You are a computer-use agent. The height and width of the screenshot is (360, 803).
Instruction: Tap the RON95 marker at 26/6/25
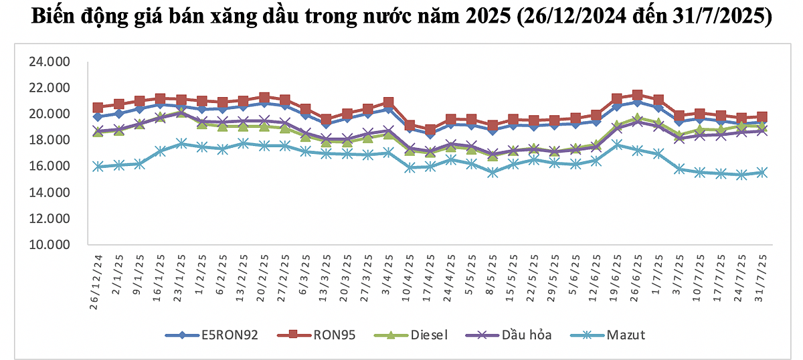pyautogui.click(x=638, y=96)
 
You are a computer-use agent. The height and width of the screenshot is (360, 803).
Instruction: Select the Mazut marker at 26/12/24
pyautogui.click(x=98, y=167)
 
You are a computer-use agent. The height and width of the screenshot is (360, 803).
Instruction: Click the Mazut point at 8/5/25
pyautogui.click(x=493, y=173)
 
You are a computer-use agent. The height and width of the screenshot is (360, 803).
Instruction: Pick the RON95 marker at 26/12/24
pyautogui.click(x=98, y=108)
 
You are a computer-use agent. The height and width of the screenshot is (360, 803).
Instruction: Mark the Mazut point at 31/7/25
pyautogui.click(x=762, y=173)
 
